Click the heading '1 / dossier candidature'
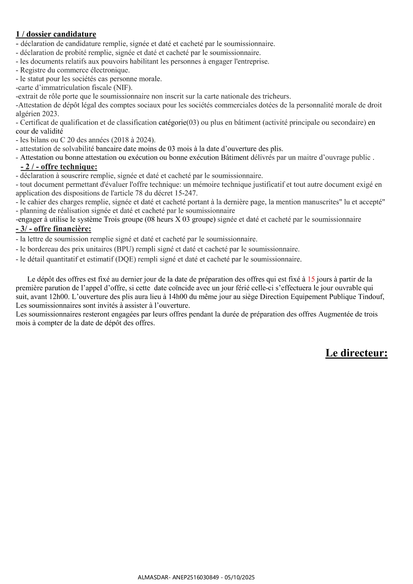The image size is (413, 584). [56, 34]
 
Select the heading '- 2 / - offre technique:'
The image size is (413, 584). [59, 167]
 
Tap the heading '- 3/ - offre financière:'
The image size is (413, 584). [53, 229]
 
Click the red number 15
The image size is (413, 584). [311, 279]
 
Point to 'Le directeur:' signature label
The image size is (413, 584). [356, 353]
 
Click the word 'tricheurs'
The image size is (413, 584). [276, 97]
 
